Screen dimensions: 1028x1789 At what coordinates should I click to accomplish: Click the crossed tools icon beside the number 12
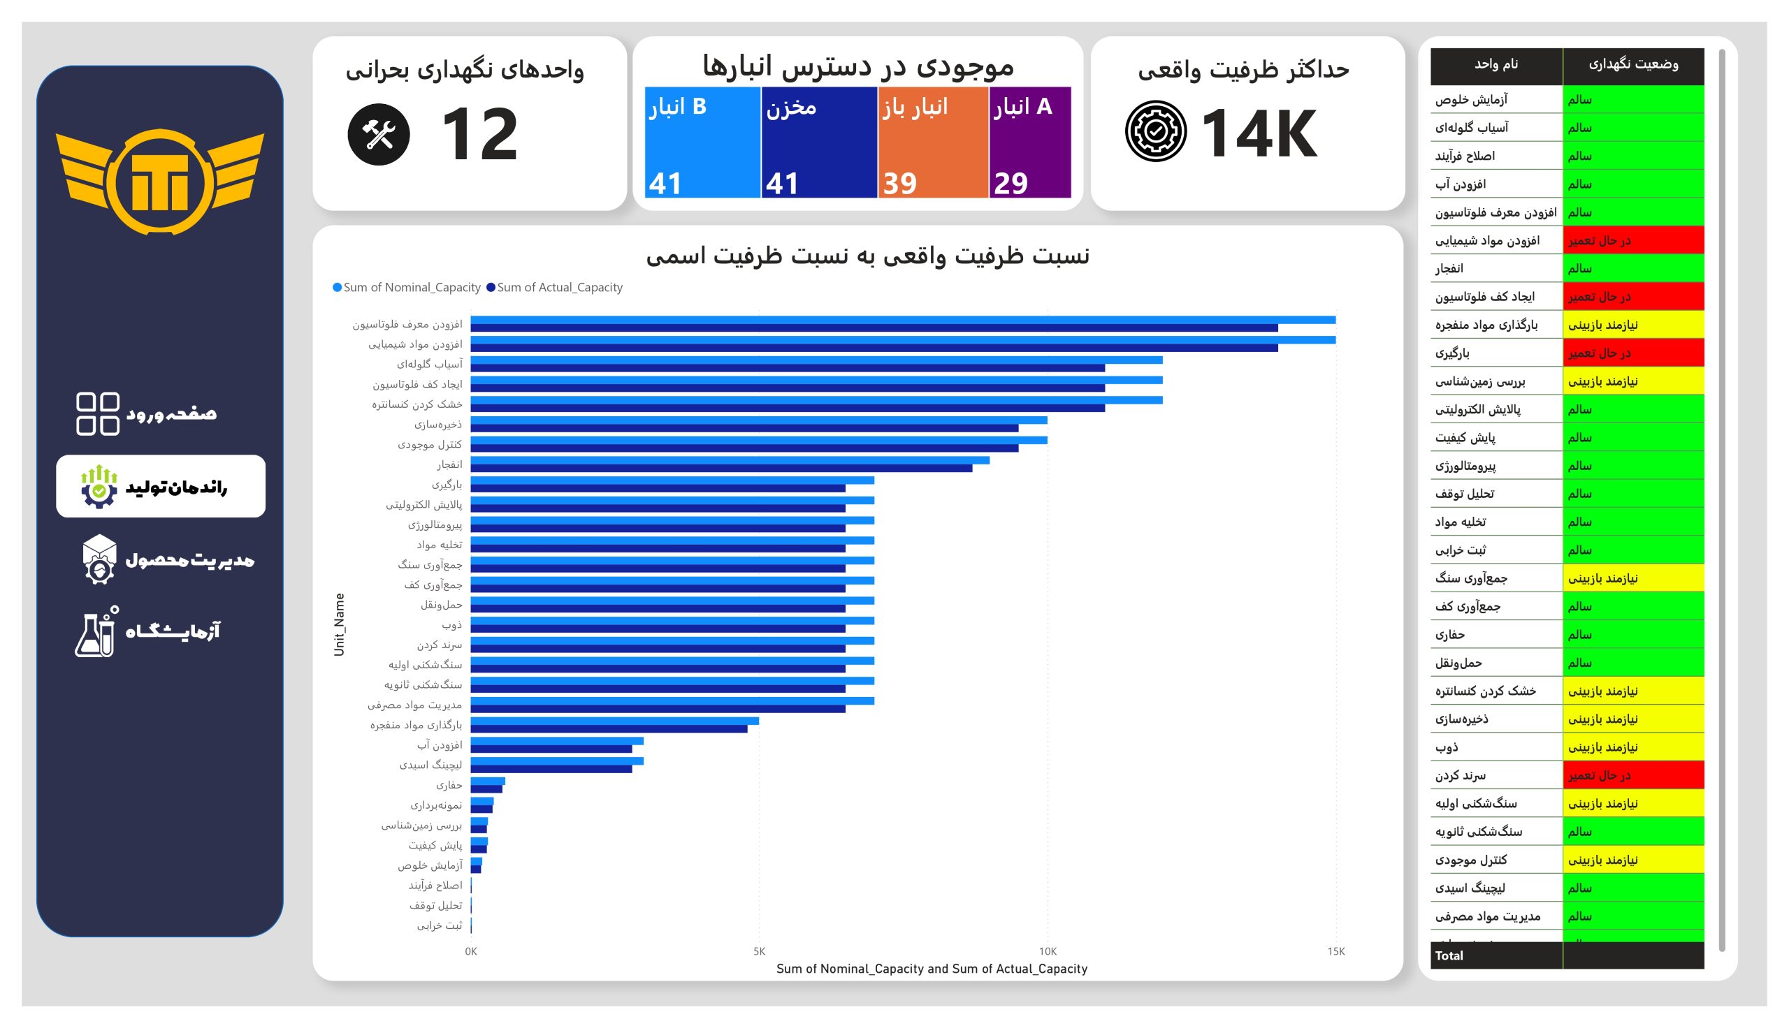[x=379, y=134]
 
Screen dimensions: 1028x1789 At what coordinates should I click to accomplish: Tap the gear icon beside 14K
[x=1155, y=131]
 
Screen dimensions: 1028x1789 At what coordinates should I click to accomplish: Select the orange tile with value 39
[x=932, y=142]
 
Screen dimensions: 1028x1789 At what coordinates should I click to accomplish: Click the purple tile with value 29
[x=1030, y=142]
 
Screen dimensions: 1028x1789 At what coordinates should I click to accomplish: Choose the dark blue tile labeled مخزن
[x=819, y=142]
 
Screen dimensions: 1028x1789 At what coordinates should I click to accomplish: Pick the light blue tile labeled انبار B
[x=702, y=142]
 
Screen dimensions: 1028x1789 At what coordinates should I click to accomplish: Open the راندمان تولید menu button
[x=160, y=487]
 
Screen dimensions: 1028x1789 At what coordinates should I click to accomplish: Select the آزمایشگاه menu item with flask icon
[x=148, y=631]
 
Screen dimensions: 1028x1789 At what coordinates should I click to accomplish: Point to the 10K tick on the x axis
[x=1048, y=951]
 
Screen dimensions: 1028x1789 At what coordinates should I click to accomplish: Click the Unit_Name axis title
[x=339, y=624]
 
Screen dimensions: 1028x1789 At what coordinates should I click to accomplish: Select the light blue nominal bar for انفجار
[x=730, y=460]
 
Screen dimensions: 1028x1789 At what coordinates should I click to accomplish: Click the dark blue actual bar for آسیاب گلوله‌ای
[x=788, y=368]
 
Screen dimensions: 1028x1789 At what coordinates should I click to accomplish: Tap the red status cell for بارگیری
[x=1632, y=353]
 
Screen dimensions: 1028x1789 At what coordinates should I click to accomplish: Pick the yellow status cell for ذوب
[x=1632, y=747]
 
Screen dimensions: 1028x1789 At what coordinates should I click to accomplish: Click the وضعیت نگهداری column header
[x=1632, y=64]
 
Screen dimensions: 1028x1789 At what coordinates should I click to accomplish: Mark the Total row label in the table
[x=1449, y=955]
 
